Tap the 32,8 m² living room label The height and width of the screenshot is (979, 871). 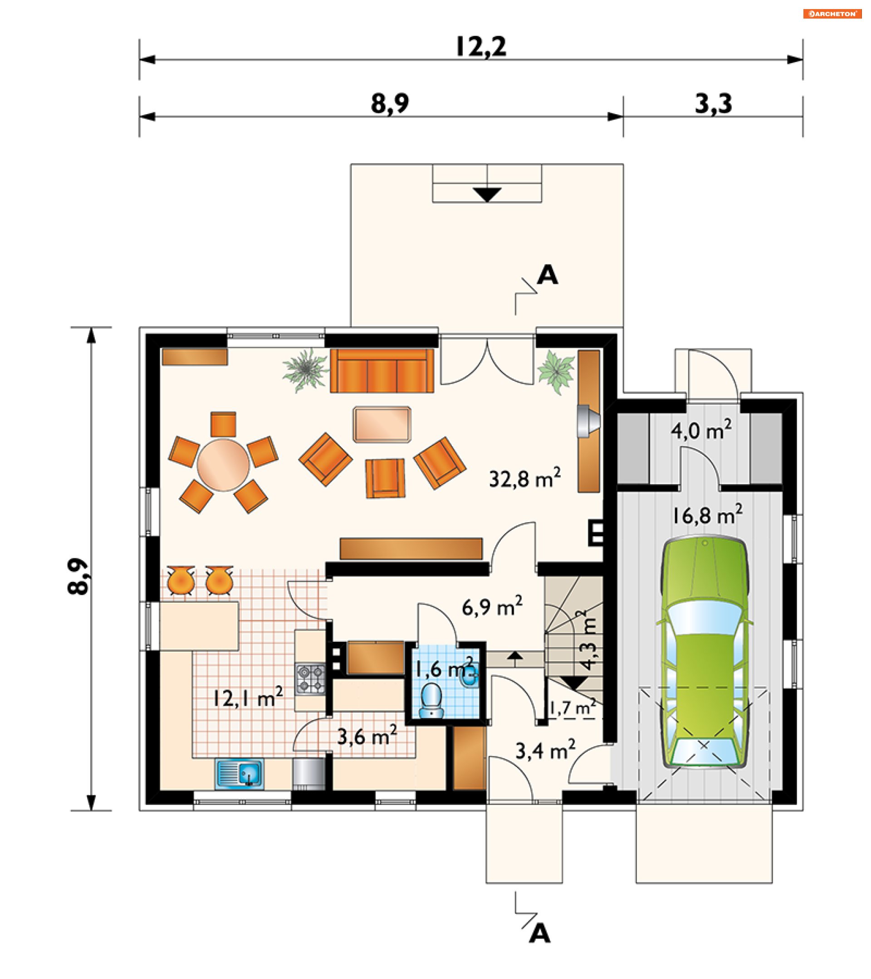(x=525, y=478)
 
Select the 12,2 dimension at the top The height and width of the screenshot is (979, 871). (x=481, y=47)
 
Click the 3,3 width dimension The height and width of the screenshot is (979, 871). (x=713, y=103)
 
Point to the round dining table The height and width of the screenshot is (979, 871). (x=223, y=465)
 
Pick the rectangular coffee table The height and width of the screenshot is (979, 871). (x=382, y=424)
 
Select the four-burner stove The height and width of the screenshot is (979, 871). (x=310, y=679)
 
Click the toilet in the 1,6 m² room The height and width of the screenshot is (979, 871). (x=432, y=701)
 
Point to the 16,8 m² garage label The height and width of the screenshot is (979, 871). (x=707, y=515)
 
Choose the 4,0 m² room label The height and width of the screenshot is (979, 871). (x=701, y=430)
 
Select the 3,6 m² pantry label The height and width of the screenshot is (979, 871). (x=367, y=736)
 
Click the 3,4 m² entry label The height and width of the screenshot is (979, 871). (x=545, y=750)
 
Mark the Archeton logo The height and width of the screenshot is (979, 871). (x=832, y=14)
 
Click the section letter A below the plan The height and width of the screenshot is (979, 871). (x=540, y=934)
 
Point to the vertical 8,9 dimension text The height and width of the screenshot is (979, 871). (x=78, y=576)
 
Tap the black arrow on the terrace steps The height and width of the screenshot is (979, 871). (x=487, y=194)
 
